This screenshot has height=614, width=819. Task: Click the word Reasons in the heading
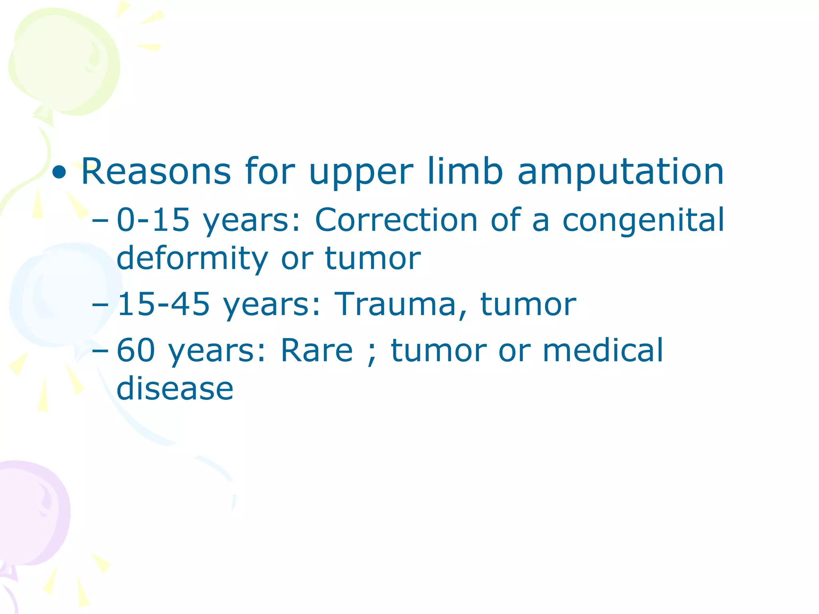click(x=156, y=172)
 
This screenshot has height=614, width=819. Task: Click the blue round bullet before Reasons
click(x=60, y=173)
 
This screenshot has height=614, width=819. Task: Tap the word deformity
click(x=192, y=259)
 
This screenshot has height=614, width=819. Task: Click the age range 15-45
click(x=163, y=304)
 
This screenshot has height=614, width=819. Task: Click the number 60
click(x=136, y=350)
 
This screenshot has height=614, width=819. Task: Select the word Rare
click(x=317, y=350)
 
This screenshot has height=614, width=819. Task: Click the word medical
click(x=603, y=350)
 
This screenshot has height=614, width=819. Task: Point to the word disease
click(x=175, y=389)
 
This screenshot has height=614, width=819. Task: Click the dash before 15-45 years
click(x=100, y=305)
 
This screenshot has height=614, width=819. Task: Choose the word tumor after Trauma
click(x=528, y=305)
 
